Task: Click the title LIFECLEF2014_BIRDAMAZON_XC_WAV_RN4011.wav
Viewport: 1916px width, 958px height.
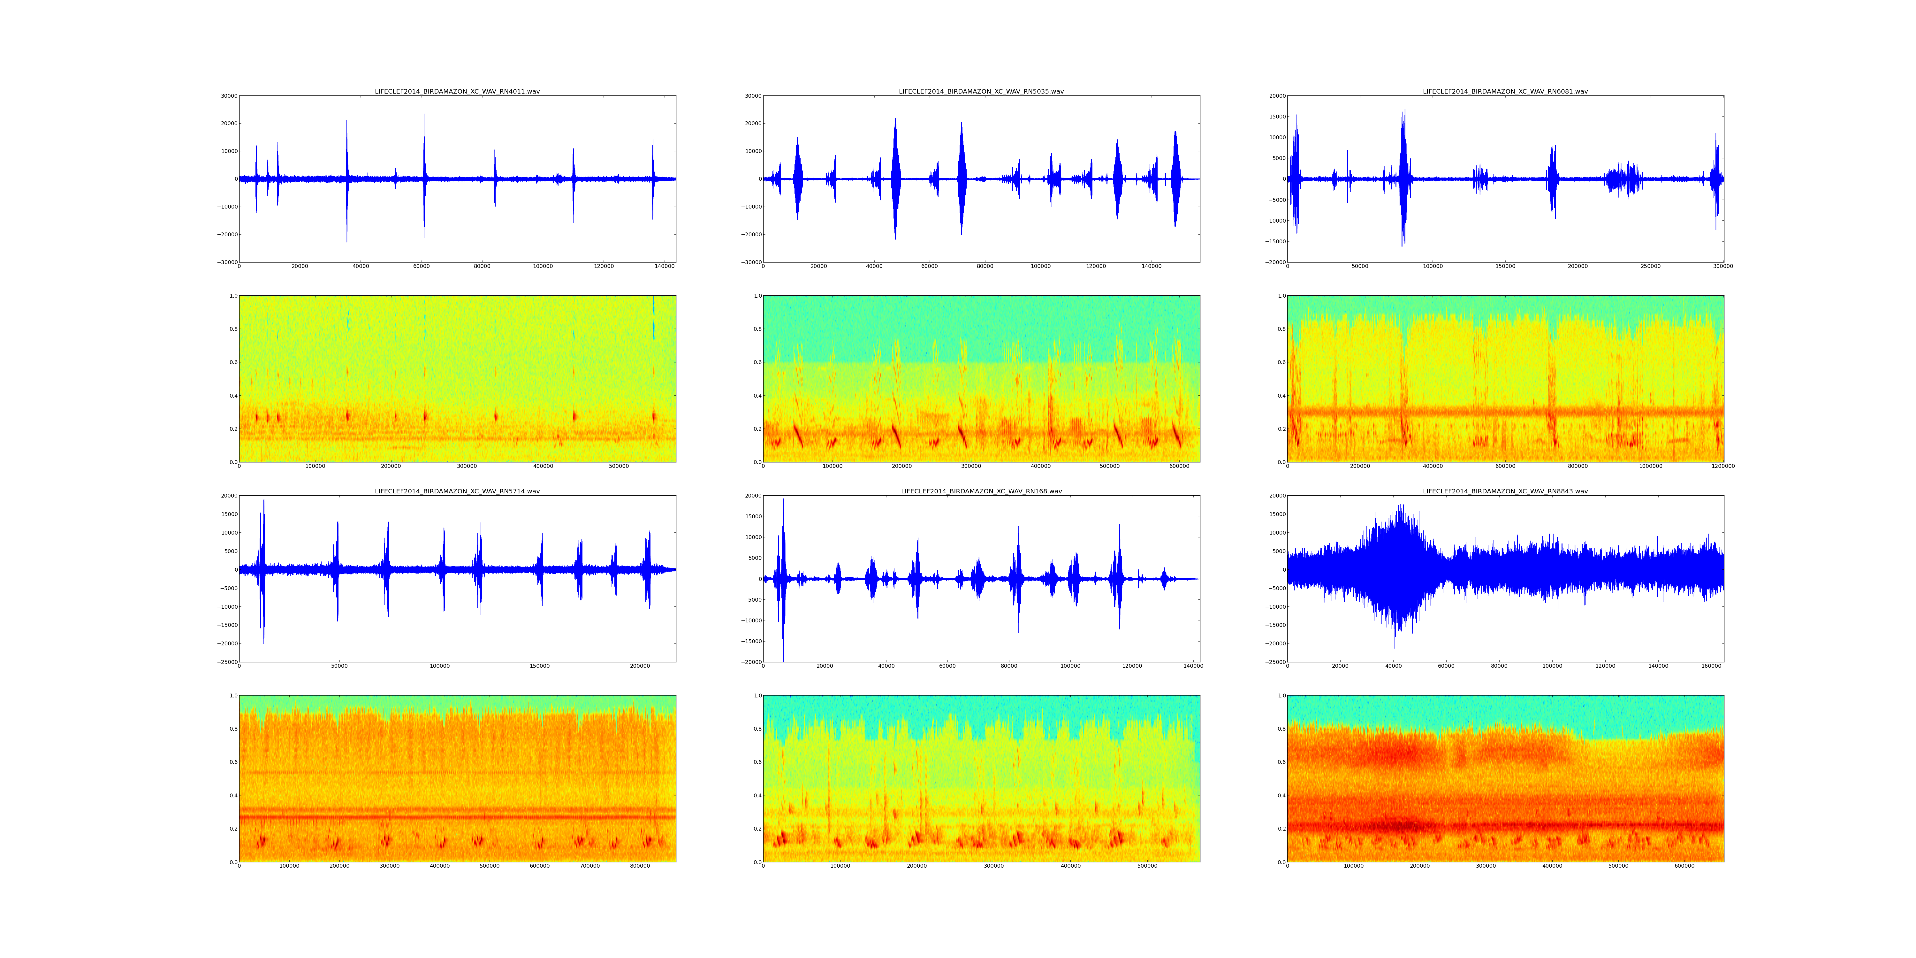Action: [457, 91]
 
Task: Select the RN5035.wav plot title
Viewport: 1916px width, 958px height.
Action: [981, 91]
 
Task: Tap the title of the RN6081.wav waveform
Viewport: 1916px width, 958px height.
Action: [1505, 91]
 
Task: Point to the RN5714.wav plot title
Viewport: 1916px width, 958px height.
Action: [457, 491]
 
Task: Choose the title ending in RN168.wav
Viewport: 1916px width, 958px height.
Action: [981, 491]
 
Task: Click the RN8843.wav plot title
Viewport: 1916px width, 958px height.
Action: [1505, 491]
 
